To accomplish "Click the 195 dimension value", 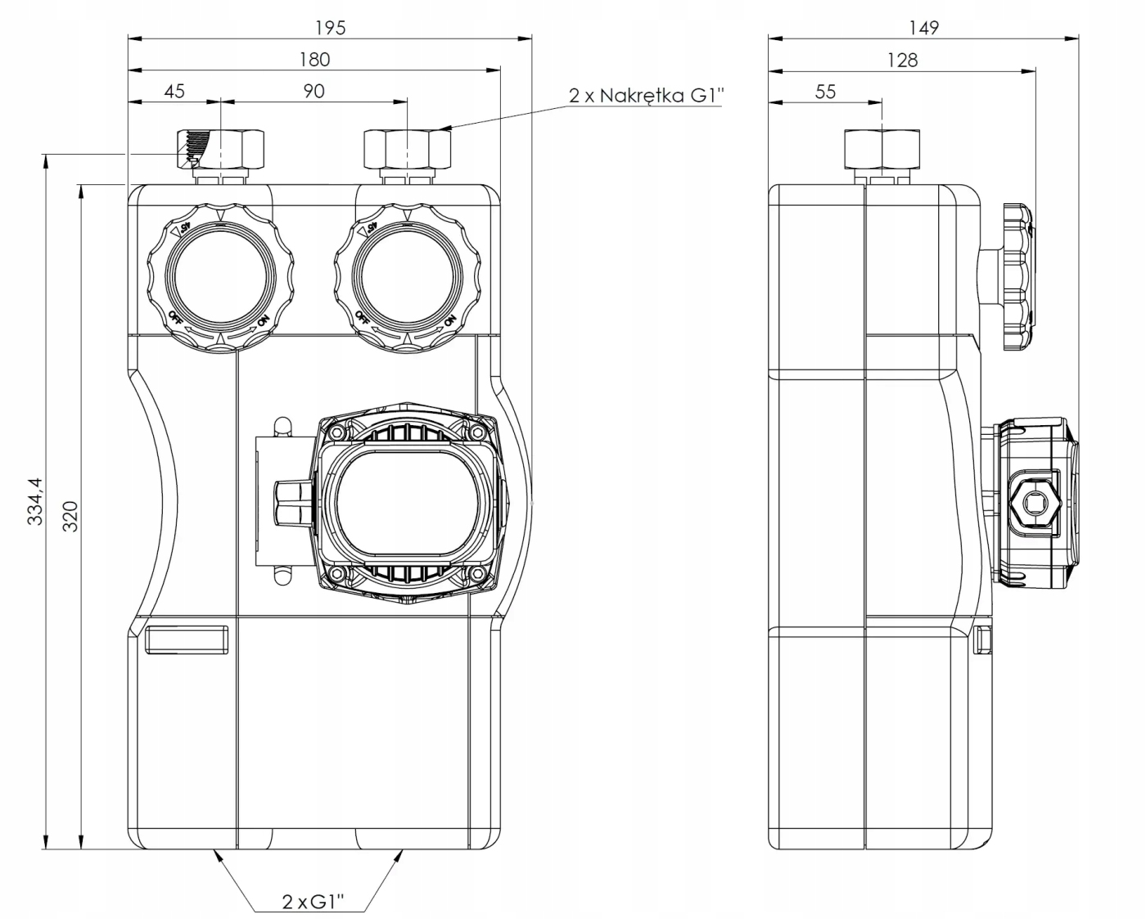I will pos(331,27).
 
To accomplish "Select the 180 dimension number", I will pos(314,59).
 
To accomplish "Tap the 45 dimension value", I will pos(174,90).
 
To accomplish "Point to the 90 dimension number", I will pos(314,90).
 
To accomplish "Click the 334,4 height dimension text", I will pos(35,502).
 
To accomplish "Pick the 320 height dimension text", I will pos(71,516).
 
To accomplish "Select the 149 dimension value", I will pos(923,27).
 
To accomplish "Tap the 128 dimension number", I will pos(902,59).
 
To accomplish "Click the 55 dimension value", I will pos(825,91).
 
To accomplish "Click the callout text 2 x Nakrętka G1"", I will pos(647,95).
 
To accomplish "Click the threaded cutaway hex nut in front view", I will pos(222,148).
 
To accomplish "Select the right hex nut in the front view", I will pos(407,148).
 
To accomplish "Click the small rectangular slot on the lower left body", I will pos(187,639).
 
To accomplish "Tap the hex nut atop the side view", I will pos(882,148).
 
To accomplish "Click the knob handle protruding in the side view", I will pos(1017,277).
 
